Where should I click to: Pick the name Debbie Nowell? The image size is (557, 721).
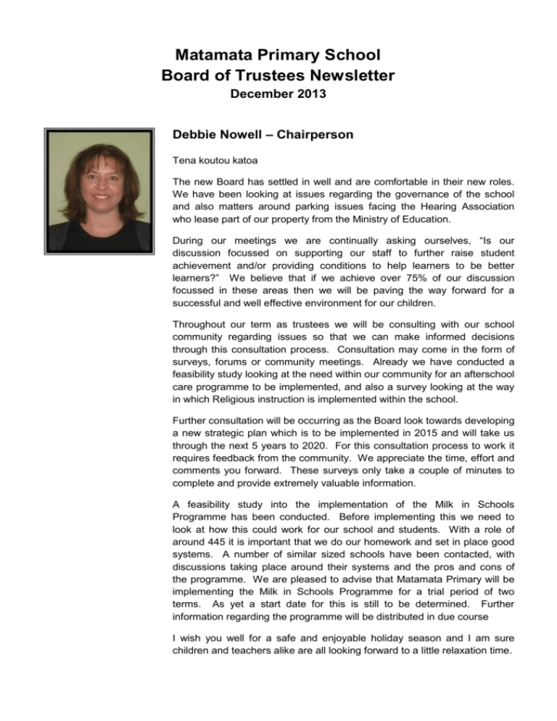[x=216, y=135]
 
